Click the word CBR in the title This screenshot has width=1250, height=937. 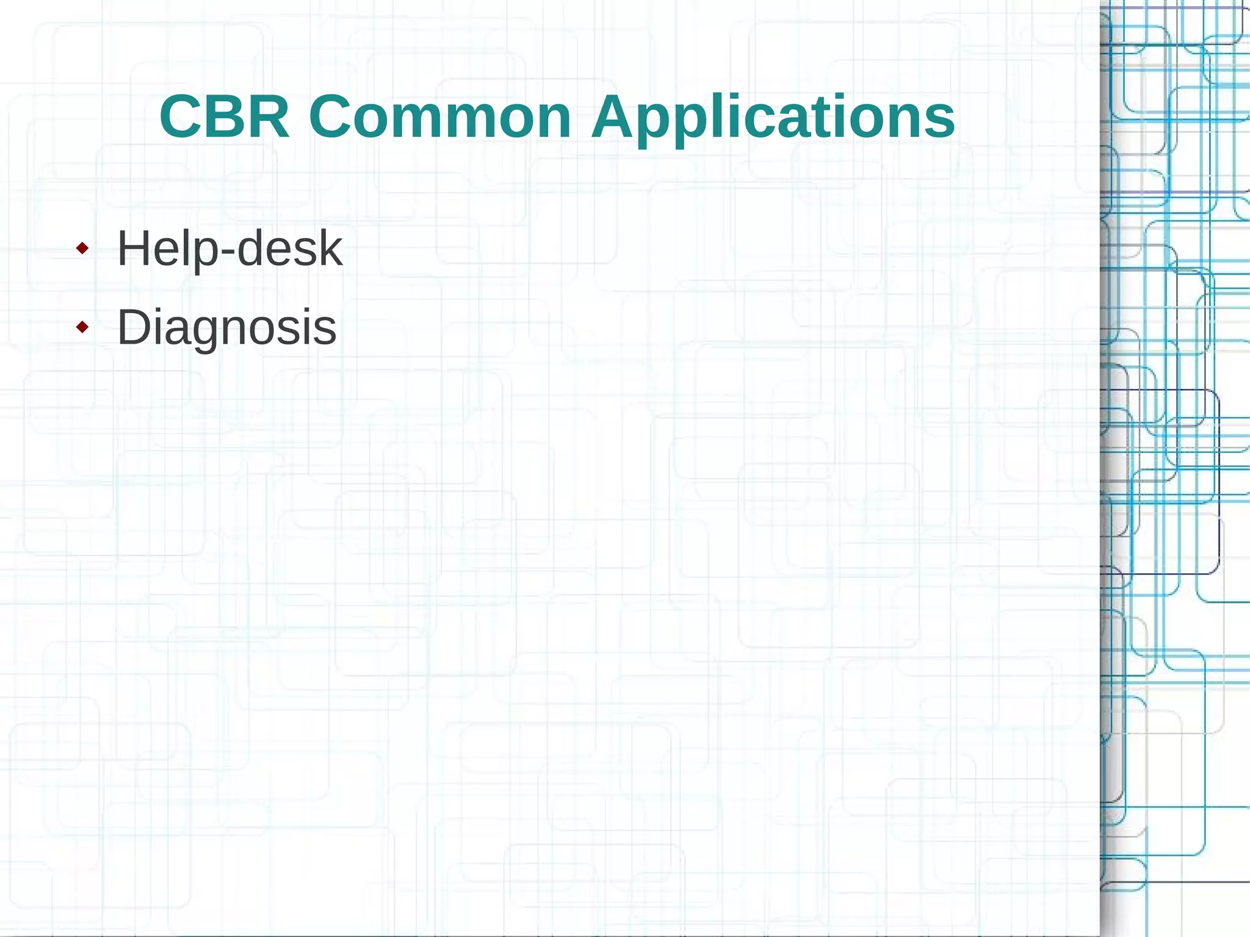point(224,117)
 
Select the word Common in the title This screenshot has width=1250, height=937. point(440,117)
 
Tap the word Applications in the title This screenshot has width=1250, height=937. point(773,117)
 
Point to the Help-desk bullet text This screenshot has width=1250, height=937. point(229,248)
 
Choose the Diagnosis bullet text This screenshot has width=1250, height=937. point(226,328)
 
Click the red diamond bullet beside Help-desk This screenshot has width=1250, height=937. point(82,248)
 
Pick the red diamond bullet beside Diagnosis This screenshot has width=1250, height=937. point(82,328)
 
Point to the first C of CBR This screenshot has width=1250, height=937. point(182,117)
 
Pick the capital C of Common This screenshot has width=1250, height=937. point(332,117)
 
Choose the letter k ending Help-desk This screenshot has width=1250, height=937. point(330,248)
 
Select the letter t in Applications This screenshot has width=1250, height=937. point(823,118)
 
